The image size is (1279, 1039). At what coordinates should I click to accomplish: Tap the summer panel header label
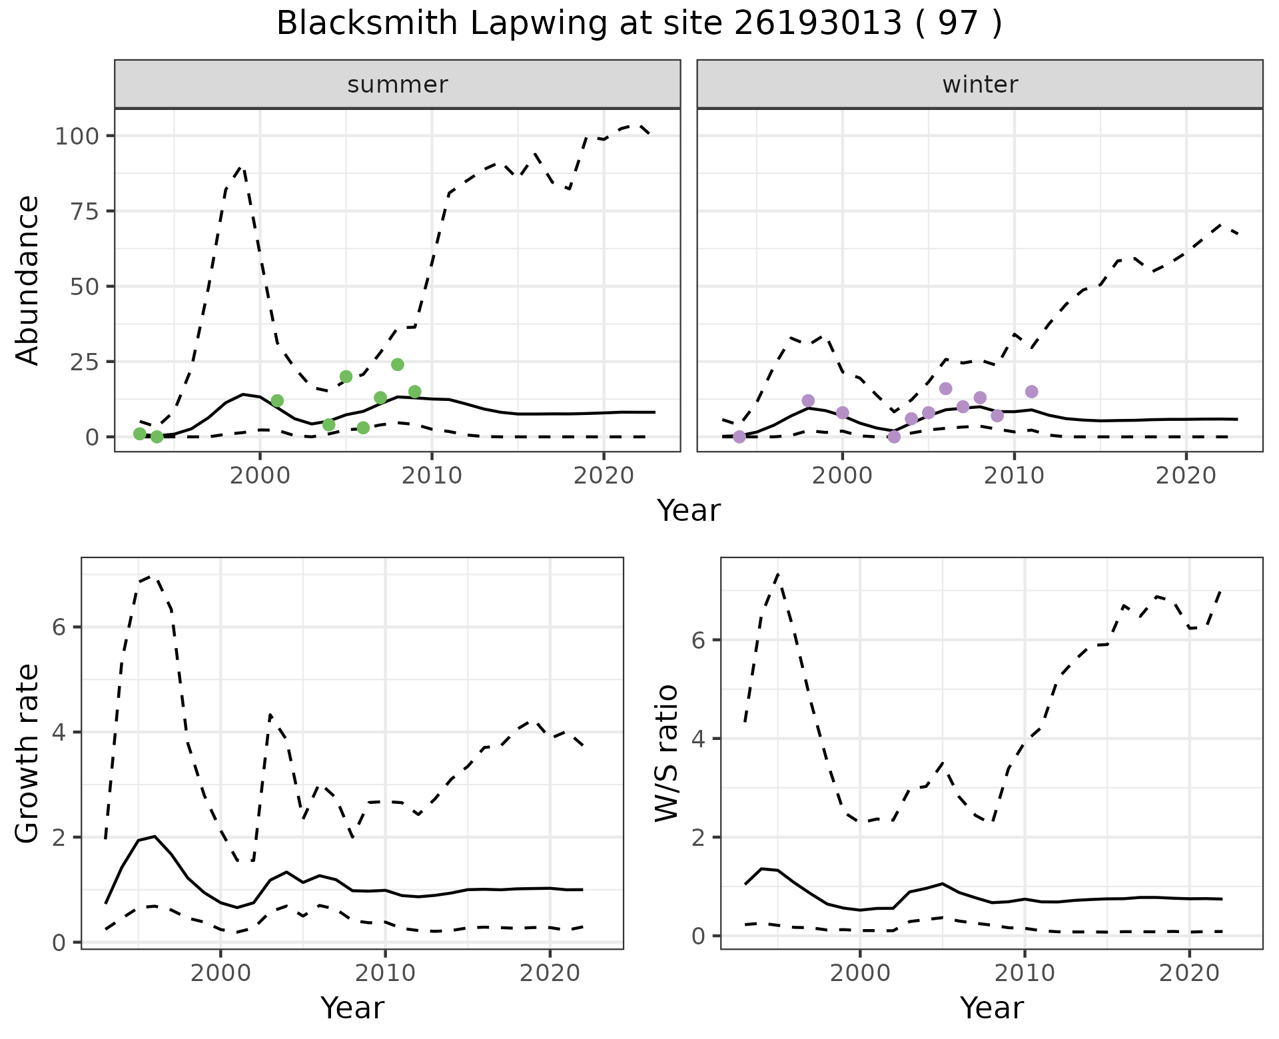(398, 85)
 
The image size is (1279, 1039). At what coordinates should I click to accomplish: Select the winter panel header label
(980, 85)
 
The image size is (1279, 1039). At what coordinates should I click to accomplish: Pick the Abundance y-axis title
(28, 280)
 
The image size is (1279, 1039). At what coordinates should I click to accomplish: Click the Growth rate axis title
(28, 753)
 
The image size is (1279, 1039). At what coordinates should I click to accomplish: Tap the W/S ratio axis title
(667, 753)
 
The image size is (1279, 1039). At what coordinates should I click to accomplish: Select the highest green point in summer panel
(398, 364)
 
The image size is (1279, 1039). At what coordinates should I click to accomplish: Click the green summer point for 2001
(277, 400)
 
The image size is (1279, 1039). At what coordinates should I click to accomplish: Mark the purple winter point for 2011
(1032, 391)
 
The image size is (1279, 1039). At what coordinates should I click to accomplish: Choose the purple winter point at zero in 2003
(894, 437)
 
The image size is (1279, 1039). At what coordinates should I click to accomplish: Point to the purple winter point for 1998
(808, 400)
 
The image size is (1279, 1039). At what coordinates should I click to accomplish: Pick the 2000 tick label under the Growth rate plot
(220, 973)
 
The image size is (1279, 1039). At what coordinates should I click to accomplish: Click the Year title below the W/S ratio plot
(991, 1008)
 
